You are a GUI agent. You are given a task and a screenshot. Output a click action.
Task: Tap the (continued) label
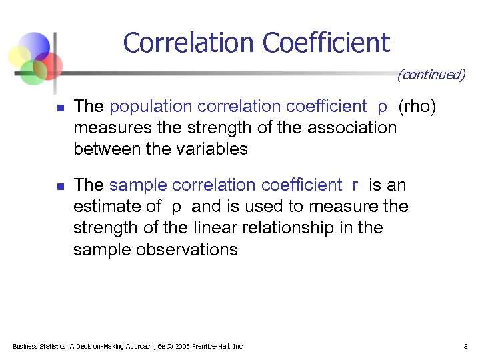[431, 75]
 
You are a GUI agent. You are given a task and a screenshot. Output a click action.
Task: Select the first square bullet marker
[60, 107]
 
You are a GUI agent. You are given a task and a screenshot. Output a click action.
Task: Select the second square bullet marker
[60, 186]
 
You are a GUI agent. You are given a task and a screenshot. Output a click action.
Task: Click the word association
[351, 127]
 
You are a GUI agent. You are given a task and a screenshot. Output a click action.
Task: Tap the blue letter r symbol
[355, 185]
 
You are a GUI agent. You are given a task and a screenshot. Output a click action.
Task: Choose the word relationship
[293, 227]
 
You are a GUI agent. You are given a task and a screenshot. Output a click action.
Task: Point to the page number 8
[465, 347]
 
